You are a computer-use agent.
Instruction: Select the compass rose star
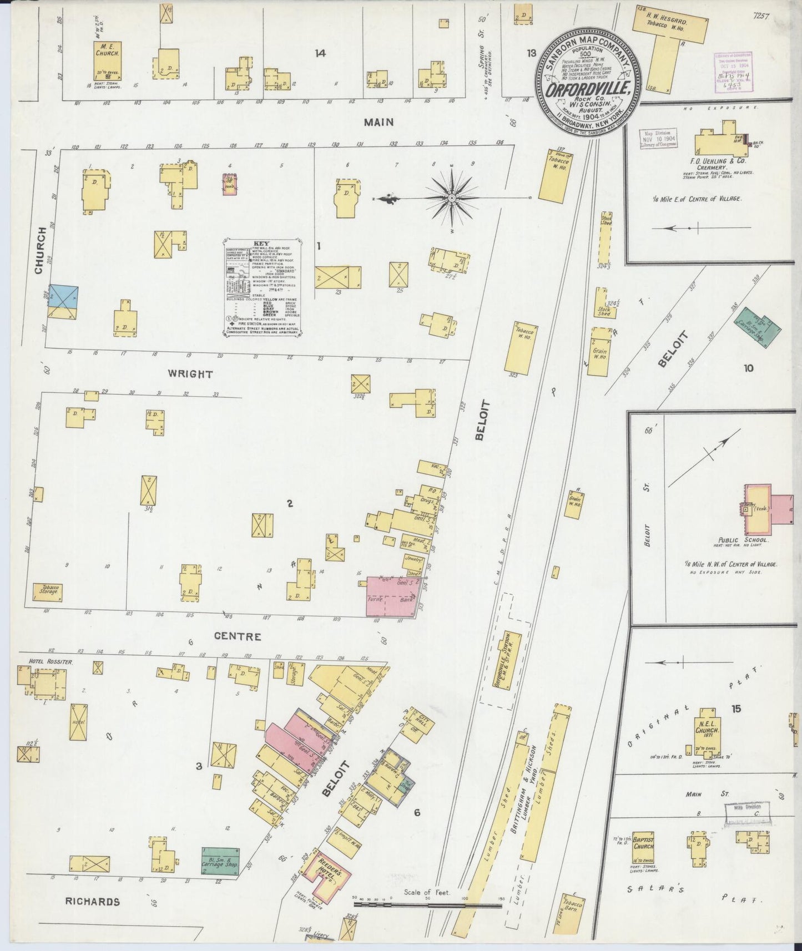click(451, 198)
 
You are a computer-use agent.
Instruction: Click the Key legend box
click(262, 288)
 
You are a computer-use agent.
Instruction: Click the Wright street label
click(190, 374)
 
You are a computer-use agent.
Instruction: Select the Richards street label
click(92, 901)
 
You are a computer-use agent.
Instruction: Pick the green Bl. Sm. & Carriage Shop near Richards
click(221, 861)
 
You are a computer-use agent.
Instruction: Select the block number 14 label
click(320, 53)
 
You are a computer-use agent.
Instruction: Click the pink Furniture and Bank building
click(391, 597)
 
